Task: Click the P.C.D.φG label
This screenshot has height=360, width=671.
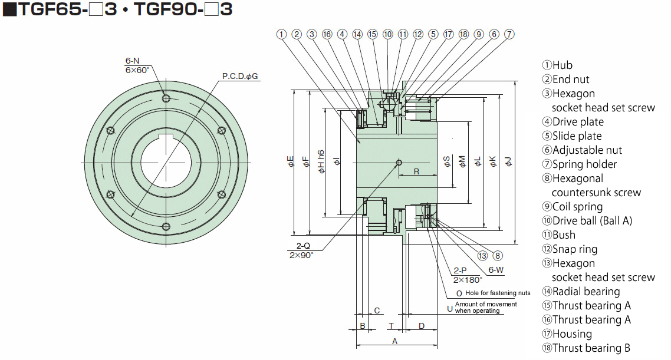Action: click(240, 77)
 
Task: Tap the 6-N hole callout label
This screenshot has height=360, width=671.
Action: click(132, 61)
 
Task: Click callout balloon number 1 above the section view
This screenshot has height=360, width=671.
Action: click(281, 34)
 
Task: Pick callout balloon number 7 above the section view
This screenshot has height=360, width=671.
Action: click(509, 34)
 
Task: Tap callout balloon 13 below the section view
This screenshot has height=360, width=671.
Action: click(483, 255)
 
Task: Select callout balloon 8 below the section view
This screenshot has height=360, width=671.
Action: click(498, 255)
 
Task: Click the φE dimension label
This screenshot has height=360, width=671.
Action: click(291, 161)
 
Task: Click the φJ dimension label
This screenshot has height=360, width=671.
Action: click(509, 161)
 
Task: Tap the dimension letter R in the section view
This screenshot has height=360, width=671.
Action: click(416, 171)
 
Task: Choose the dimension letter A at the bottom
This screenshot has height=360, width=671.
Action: click(395, 341)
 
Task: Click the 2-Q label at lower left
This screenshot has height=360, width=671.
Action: click(304, 246)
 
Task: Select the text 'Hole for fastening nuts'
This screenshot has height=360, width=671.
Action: click(498, 293)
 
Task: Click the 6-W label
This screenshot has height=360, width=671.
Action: click(496, 270)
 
